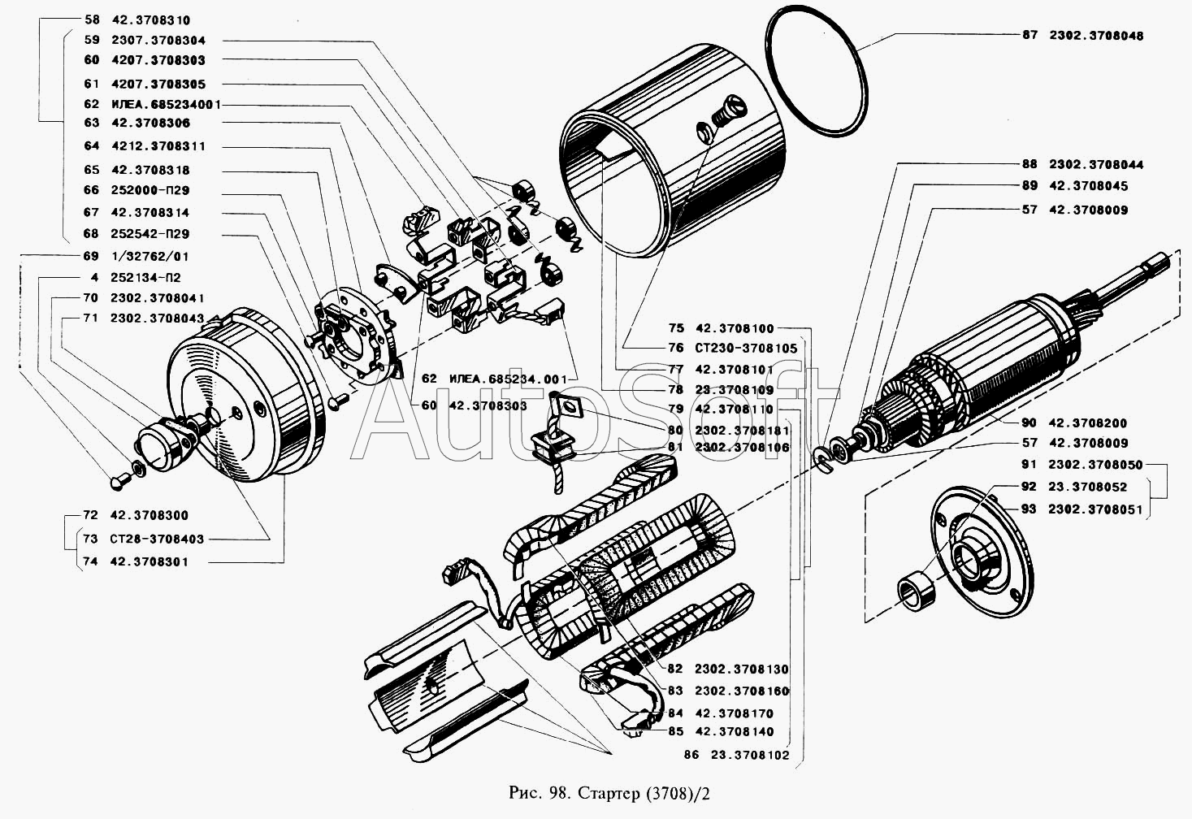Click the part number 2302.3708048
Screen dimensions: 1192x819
(1096, 36)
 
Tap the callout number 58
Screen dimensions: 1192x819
(92, 19)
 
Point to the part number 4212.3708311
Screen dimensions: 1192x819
(158, 145)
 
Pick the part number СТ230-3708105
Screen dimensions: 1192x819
(746, 348)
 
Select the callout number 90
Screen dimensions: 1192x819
(1029, 422)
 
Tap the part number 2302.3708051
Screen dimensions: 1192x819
(1095, 509)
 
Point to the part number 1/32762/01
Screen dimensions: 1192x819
(150, 256)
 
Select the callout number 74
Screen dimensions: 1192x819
(90, 561)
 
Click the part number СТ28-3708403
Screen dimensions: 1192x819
(157, 539)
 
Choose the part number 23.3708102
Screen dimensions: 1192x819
(750, 755)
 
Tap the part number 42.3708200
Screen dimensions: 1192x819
(1088, 422)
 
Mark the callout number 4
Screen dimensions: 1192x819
(94, 277)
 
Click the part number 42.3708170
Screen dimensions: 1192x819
(735, 713)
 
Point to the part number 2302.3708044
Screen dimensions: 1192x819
(1096, 164)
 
